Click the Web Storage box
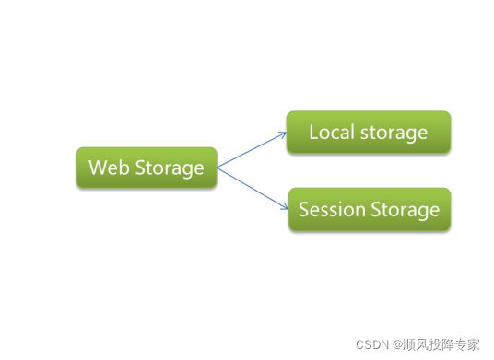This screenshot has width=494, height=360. tap(147, 168)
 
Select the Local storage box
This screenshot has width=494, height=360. tap(368, 132)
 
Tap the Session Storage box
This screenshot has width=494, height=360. tap(369, 210)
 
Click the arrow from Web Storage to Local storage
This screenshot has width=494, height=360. tap(252, 150)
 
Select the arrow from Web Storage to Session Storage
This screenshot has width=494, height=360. tap(252, 188)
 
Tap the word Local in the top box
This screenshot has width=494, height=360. tap(330, 132)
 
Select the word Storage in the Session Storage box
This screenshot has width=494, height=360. tap(405, 210)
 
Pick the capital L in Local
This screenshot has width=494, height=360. tap(313, 132)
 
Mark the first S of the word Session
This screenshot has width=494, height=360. tap(304, 210)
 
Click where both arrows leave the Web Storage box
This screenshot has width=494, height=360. tap(218, 168)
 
